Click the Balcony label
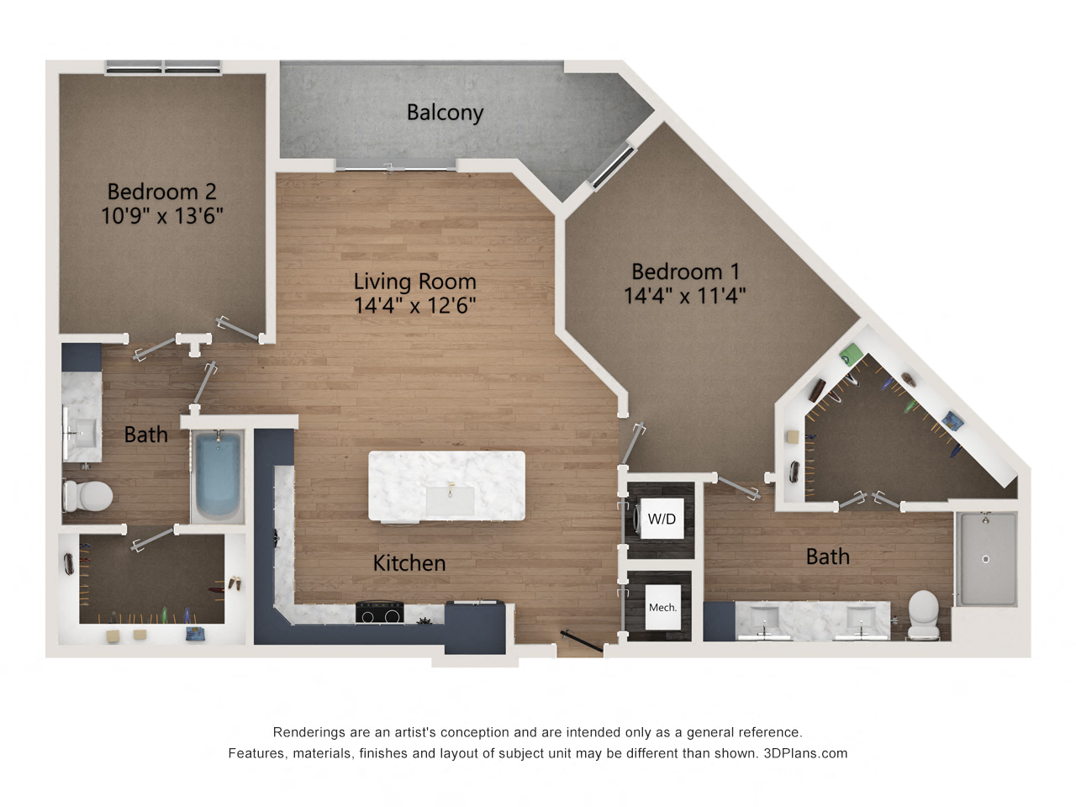click(445, 113)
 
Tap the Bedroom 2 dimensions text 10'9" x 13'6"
click(161, 216)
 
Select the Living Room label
click(414, 282)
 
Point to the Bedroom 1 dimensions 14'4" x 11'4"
click(684, 295)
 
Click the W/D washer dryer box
click(662, 519)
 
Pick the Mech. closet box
click(662, 607)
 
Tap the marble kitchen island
click(446, 485)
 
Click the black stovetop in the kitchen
click(380, 613)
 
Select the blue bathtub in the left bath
click(217, 475)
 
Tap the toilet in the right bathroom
click(924, 614)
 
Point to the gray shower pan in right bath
click(986, 558)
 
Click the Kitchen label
click(409, 563)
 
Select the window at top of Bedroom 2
click(163, 67)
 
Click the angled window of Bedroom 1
click(612, 166)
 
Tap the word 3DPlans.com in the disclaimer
click(805, 753)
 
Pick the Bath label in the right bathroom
click(827, 556)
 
